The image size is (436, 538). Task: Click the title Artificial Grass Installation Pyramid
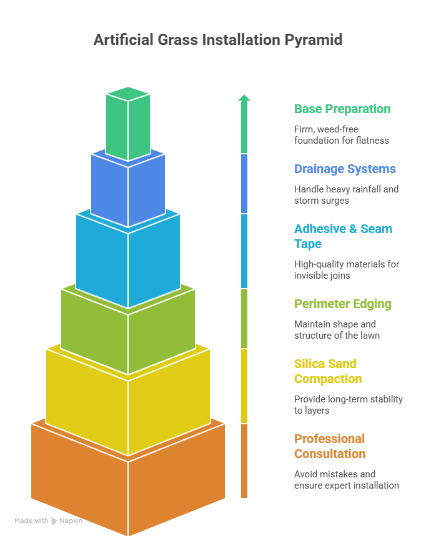[218, 40]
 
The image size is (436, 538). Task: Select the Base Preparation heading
[342, 109]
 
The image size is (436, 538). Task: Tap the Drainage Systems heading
[345, 169]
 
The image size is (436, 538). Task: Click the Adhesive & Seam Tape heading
[343, 236]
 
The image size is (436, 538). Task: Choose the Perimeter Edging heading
[343, 304]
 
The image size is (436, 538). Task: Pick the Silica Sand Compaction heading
[327, 371]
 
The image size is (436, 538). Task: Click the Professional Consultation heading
[329, 446]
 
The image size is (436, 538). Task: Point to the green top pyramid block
[128, 125]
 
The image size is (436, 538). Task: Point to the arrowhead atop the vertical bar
[244, 97]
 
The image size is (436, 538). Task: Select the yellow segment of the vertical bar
[244, 386]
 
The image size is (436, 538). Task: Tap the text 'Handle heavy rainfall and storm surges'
[346, 194]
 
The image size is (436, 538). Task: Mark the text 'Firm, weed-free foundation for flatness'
[341, 134]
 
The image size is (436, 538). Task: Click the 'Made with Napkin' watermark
[49, 520]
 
